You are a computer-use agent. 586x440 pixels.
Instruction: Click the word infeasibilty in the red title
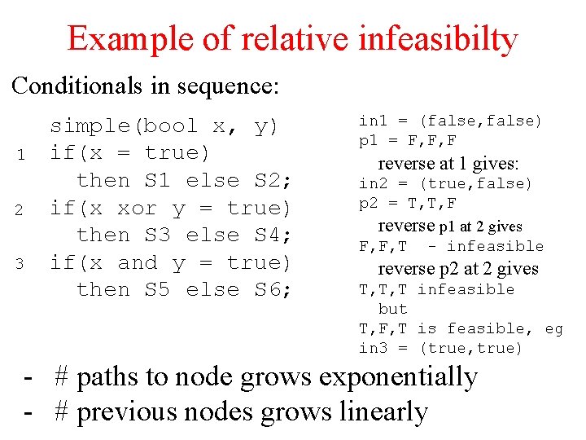pyautogui.click(x=437, y=39)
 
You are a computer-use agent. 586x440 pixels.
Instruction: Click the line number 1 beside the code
pyautogui.click(x=24, y=155)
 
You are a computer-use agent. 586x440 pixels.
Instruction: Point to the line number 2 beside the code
pyautogui.click(x=24, y=209)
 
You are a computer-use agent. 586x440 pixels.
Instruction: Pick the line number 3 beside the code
pyautogui.click(x=24, y=264)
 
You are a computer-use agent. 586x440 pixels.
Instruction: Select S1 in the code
pyautogui.click(x=158, y=180)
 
